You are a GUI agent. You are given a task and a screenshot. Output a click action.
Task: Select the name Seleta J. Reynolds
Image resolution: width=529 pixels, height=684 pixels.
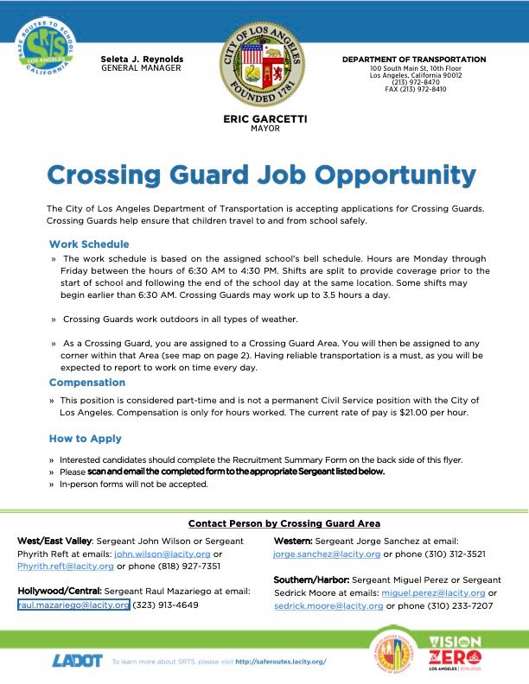click(x=141, y=59)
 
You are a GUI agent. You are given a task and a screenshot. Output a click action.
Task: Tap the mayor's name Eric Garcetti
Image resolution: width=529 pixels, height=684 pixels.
click(x=265, y=119)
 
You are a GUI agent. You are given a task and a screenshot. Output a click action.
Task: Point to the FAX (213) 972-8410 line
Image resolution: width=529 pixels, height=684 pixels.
click(x=415, y=89)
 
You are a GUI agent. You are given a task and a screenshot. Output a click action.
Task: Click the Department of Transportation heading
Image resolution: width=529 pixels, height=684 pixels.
click(x=414, y=60)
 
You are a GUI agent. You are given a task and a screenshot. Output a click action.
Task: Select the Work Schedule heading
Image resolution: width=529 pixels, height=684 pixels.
click(x=89, y=244)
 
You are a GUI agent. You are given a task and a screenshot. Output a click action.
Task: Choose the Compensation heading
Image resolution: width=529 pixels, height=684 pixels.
click(x=87, y=383)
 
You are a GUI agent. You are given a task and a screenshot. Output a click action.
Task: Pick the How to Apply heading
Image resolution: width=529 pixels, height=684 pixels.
click(x=86, y=440)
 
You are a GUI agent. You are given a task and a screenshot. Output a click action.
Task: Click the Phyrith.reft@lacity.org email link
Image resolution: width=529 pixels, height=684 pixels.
click(x=66, y=567)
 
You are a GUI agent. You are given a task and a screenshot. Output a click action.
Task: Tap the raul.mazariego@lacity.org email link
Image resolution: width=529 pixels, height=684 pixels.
click(x=73, y=605)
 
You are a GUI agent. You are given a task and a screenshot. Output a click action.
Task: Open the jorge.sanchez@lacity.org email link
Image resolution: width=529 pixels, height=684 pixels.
click(x=326, y=554)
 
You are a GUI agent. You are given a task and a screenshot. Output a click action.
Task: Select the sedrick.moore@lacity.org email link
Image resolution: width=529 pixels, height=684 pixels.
click(x=328, y=605)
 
